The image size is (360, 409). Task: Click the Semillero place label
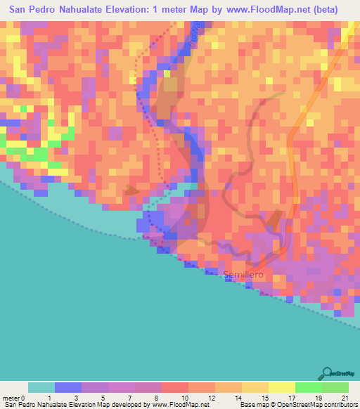coord(243,275)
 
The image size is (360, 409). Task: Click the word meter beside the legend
coord(11,398)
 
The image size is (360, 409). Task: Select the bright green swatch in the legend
coord(308,387)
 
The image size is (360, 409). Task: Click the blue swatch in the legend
coord(68,387)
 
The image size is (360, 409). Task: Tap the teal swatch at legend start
coord(41,387)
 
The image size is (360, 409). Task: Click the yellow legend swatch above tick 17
coord(281,387)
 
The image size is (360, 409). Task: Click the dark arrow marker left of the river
coord(131,190)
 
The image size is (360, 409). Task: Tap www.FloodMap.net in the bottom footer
coord(163,405)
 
